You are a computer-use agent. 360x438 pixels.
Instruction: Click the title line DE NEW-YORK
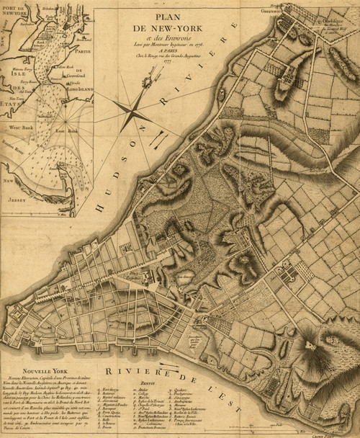(166, 27)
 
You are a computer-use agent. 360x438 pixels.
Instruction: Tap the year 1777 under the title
(166, 62)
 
